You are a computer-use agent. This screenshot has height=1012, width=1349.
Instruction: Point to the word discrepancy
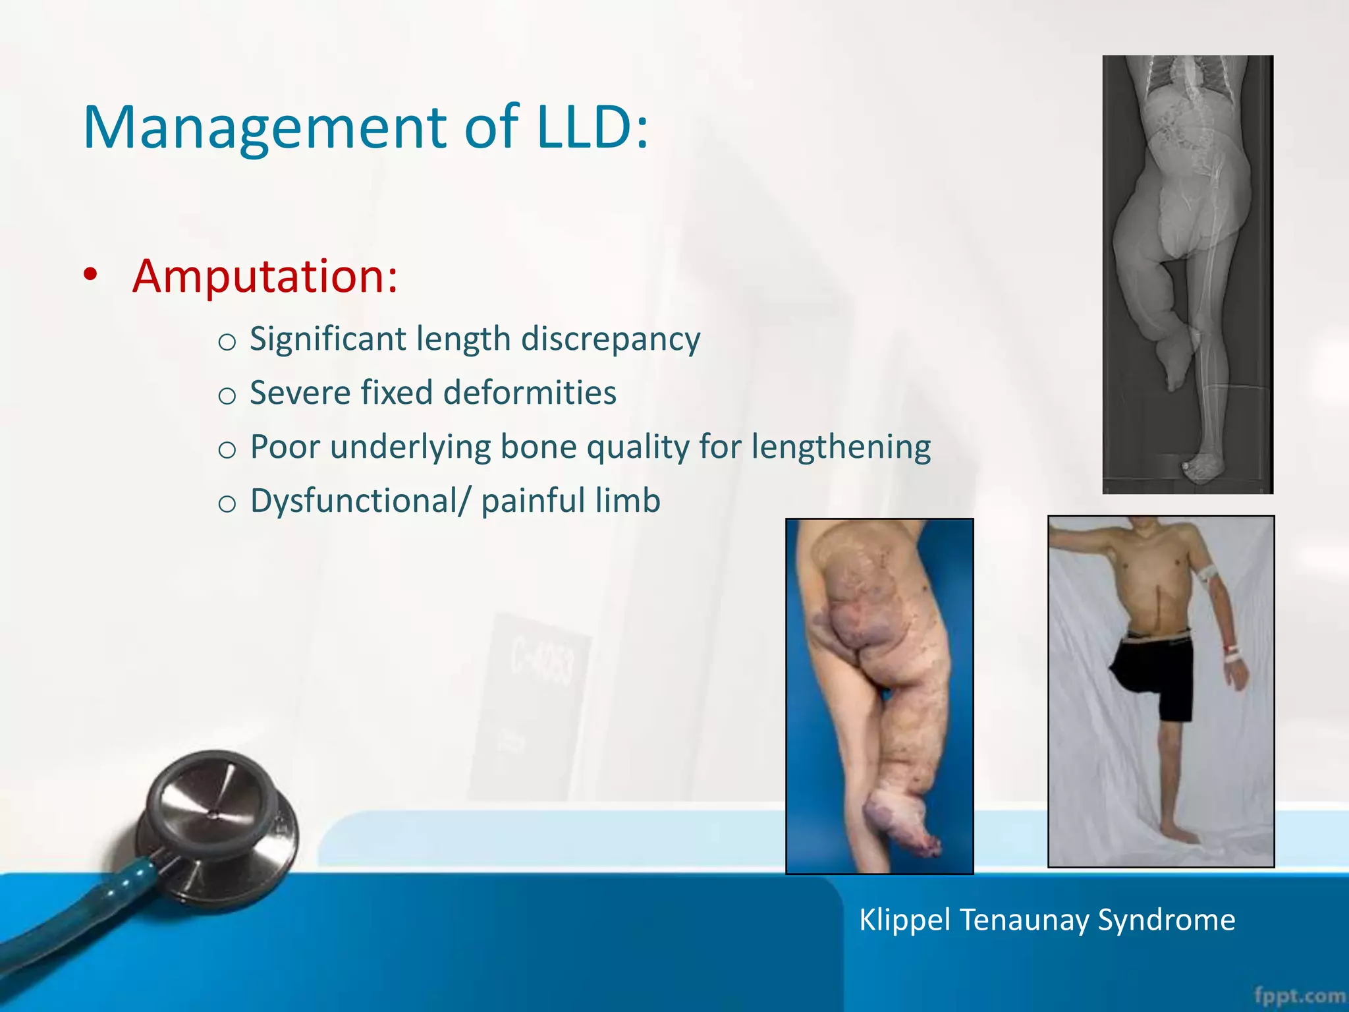pos(610,340)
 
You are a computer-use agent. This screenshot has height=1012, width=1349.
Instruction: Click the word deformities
pos(530,393)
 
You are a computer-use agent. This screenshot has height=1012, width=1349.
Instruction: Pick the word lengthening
pos(841,447)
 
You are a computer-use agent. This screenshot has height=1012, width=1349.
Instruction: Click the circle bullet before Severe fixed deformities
pos(227,395)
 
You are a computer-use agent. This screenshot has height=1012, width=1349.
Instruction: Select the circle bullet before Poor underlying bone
pos(227,449)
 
